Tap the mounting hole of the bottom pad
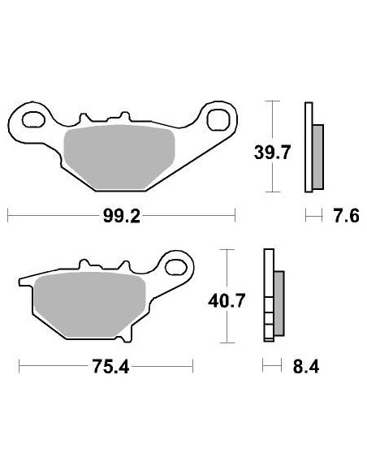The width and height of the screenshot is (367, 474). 176,265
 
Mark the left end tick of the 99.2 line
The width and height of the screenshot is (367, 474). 8,218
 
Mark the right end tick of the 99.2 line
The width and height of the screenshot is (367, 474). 235,218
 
